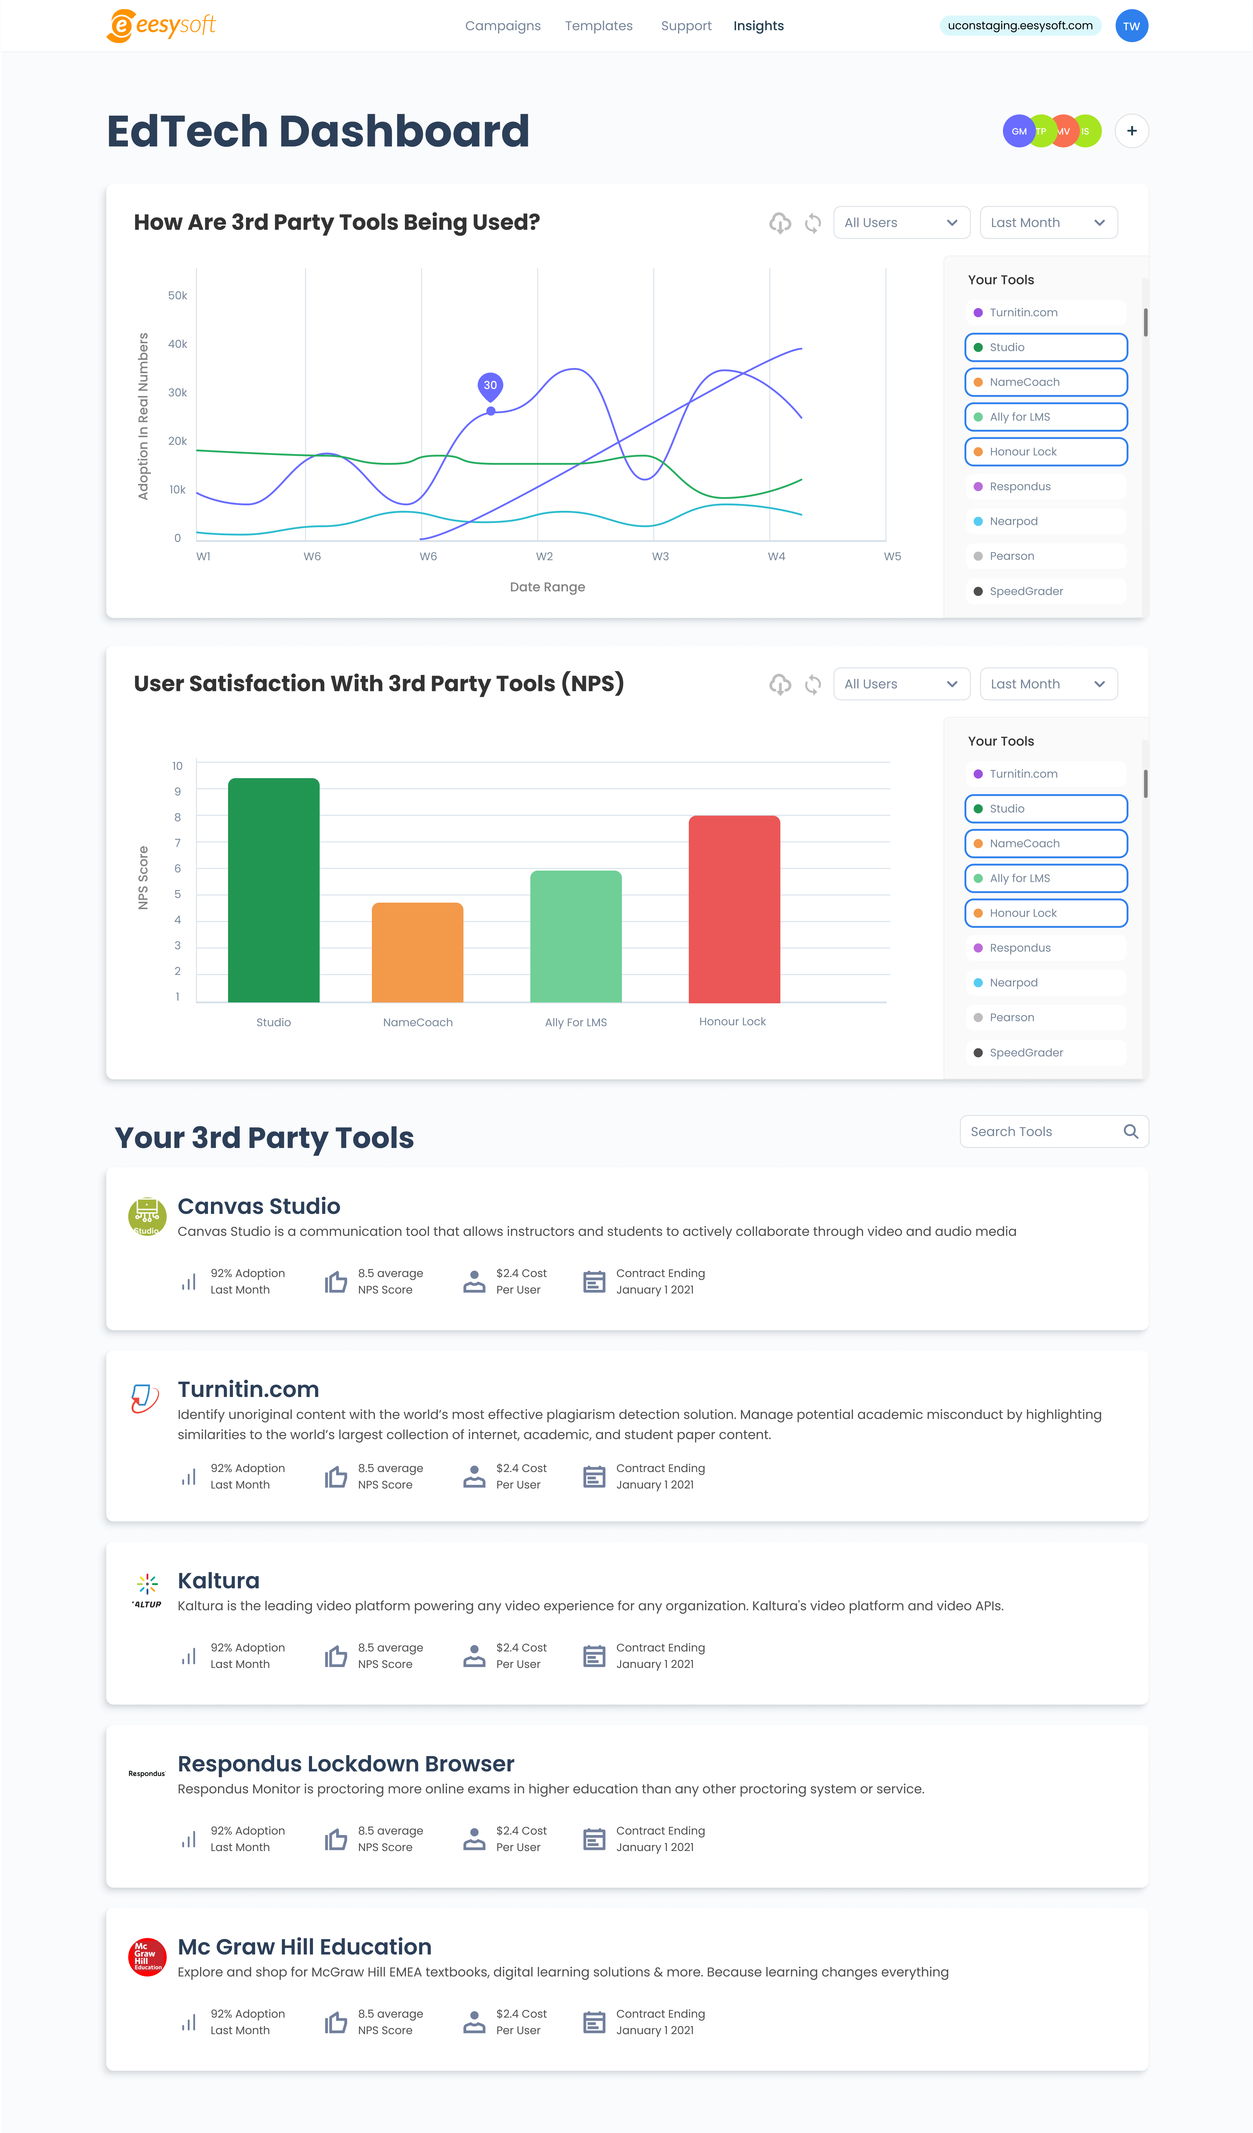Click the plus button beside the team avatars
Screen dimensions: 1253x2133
(1131, 131)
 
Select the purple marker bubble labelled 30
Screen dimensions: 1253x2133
(490, 386)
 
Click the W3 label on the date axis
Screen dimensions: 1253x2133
(660, 556)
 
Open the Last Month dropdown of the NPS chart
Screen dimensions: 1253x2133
(1048, 684)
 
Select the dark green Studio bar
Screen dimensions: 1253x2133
(274, 890)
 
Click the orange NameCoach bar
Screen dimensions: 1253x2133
(417, 952)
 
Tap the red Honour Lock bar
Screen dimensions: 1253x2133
(734, 909)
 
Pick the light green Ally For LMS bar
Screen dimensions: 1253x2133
(576, 936)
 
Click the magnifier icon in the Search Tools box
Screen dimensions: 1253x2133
(1130, 1132)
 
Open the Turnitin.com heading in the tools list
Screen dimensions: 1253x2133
(248, 1389)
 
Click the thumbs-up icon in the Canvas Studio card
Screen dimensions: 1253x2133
(336, 1282)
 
